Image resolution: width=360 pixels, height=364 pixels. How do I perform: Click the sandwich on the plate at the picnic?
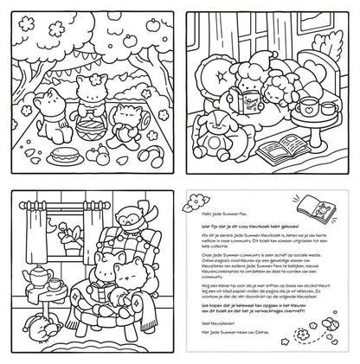coord(62,158)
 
